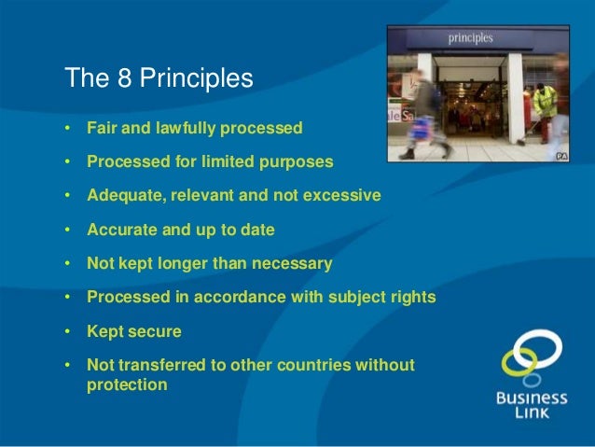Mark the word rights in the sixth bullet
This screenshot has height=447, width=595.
pyautogui.click(x=411, y=299)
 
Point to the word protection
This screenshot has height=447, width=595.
pyautogui.click(x=127, y=384)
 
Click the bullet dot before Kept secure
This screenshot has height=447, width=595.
pyautogui.click(x=67, y=332)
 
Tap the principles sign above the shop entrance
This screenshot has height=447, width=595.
pyautogui.click(x=472, y=39)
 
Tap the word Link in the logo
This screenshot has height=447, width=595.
pyautogui.click(x=532, y=412)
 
